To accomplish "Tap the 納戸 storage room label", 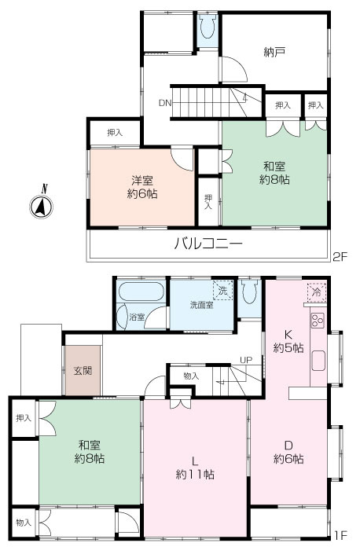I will (273, 53).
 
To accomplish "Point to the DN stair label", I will (164, 102).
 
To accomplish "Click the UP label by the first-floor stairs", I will (245, 360).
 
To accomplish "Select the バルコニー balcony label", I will (208, 244).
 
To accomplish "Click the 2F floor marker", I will (339, 255).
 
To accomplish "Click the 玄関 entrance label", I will (83, 369).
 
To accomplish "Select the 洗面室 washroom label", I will (201, 304).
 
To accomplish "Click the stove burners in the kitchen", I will (318, 321).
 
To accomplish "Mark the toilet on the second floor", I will (208, 29).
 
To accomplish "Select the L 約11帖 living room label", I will (196, 467).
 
